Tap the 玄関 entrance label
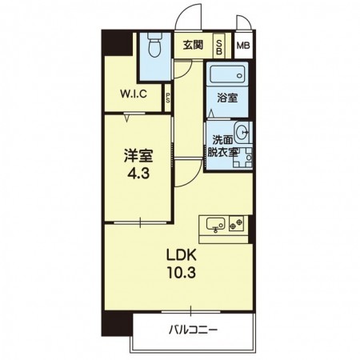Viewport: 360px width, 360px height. (x=193, y=45)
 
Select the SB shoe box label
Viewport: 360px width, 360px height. (x=219, y=47)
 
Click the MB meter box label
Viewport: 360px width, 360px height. (x=243, y=46)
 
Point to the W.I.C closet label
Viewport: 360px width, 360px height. (x=134, y=94)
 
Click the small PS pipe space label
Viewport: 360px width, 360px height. (x=168, y=98)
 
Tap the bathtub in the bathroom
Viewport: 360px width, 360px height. (x=227, y=72)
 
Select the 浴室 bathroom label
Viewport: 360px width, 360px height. (x=227, y=98)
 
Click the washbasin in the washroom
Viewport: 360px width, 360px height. (x=242, y=131)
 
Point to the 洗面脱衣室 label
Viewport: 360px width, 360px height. (x=222, y=146)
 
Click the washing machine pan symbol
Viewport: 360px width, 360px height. (x=242, y=158)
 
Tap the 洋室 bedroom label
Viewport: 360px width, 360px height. (x=138, y=156)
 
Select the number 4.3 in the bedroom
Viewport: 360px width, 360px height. (x=138, y=174)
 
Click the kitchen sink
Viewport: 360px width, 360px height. (x=215, y=224)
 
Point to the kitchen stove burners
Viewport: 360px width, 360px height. (x=236, y=223)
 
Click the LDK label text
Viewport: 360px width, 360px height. (x=182, y=255)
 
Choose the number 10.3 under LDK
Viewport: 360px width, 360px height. (x=182, y=273)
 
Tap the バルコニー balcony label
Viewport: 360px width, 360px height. (x=194, y=330)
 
